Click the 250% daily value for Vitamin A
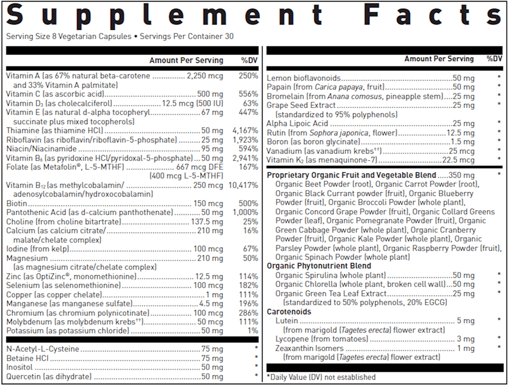pyautogui.click(x=248, y=76)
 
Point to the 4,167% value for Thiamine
pyautogui.click(x=246, y=131)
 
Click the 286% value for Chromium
pyautogui.click(x=248, y=313)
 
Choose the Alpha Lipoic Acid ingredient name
pyautogui.click(x=298, y=123)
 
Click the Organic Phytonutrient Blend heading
pyautogui.click(x=319, y=266)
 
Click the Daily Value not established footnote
pyautogui.click(x=321, y=377)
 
